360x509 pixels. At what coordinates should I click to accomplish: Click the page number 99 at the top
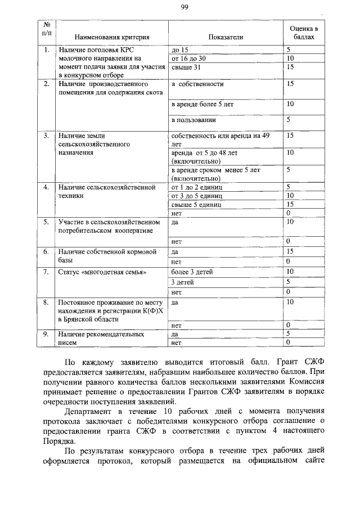tap(183, 7)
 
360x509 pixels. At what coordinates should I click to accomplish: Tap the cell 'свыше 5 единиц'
tap(195, 205)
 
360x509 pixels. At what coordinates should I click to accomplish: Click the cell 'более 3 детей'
tap(192, 272)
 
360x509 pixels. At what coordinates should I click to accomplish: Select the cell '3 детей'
tap(182, 282)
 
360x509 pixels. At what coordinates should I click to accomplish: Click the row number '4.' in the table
tap(47, 187)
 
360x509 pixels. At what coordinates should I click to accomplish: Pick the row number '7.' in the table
tap(47, 272)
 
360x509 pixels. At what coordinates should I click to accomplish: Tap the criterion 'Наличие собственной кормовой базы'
tap(106, 256)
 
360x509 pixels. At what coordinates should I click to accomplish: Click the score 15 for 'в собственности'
tap(290, 84)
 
